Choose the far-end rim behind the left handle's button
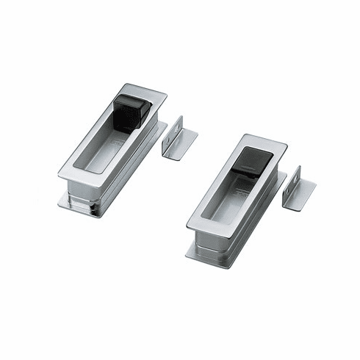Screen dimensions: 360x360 [x=151, y=90]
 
